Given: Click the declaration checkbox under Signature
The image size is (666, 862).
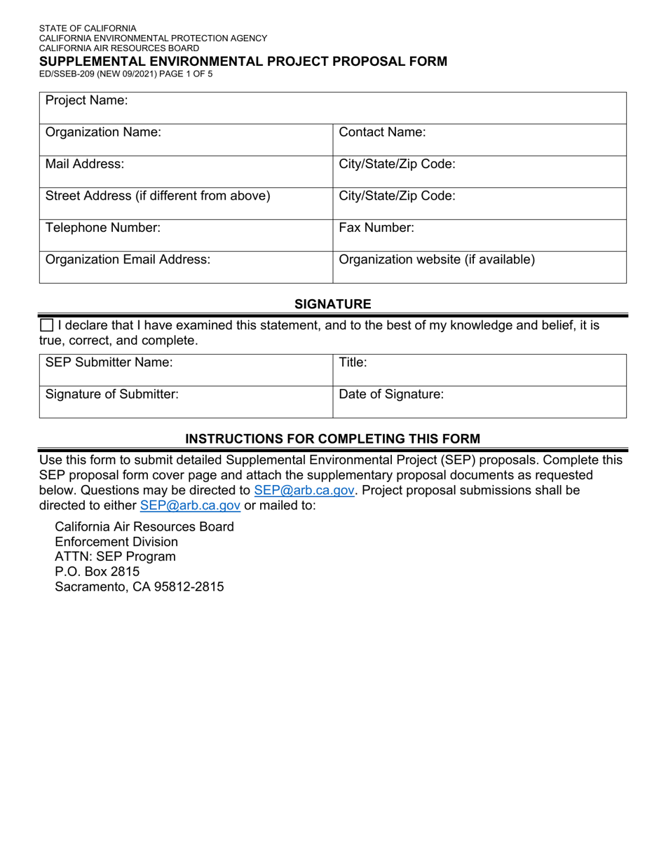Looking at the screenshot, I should [x=46, y=325].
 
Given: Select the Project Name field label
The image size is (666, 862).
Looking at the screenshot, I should [x=86, y=100].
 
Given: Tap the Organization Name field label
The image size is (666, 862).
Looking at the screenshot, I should [x=103, y=132].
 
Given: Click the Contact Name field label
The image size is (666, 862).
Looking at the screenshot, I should [x=382, y=132].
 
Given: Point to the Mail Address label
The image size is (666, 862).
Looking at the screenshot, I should [x=85, y=164].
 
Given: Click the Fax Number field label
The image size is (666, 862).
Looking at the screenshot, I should [x=376, y=227].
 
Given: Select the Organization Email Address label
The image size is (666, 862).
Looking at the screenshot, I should [x=128, y=259].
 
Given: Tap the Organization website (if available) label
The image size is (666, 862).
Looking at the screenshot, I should [x=437, y=259].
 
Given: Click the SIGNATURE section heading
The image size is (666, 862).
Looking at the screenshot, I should [x=332, y=303].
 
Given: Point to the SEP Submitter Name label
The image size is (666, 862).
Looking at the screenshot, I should [x=109, y=362].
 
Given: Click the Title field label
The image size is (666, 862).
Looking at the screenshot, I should [x=353, y=362].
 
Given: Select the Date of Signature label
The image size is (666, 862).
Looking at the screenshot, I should [x=391, y=395].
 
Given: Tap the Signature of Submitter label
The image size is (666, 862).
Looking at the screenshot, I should [x=112, y=395].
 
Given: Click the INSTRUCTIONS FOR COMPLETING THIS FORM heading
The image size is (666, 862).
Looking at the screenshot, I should [x=332, y=439].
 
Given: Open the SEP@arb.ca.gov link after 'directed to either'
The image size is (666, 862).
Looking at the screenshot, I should [x=191, y=505].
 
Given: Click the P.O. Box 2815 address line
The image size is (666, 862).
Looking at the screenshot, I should [x=97, y=572].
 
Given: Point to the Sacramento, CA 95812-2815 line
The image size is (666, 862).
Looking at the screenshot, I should [x=140, y=587].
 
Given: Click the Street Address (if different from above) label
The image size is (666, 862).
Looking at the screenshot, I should [x=158, y=196].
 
